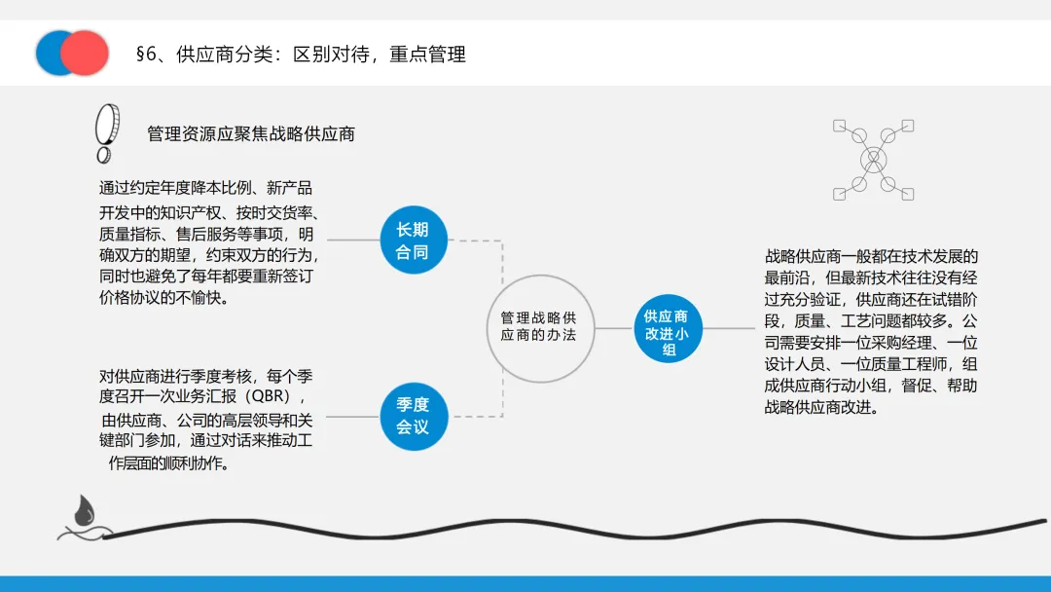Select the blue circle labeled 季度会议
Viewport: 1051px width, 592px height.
coord(412,416)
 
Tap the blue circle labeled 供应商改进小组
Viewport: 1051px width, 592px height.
coord(667,331)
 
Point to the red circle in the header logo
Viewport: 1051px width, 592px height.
coord(86,53)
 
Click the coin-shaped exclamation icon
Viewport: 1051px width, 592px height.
coord(104,134)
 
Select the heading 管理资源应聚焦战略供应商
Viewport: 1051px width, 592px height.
coord(251,133)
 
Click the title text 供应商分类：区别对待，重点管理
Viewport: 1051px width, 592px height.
coord(321,55)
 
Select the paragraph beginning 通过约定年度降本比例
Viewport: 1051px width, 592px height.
coord(208,242)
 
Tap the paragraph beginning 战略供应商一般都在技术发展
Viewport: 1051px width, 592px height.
coord(871,331)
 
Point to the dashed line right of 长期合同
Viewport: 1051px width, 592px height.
coord(477,240)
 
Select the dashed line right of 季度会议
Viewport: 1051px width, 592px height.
coord(477,416)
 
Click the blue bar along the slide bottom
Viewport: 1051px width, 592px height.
coord(525,583)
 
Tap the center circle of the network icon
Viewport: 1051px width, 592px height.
coord(873,159)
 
